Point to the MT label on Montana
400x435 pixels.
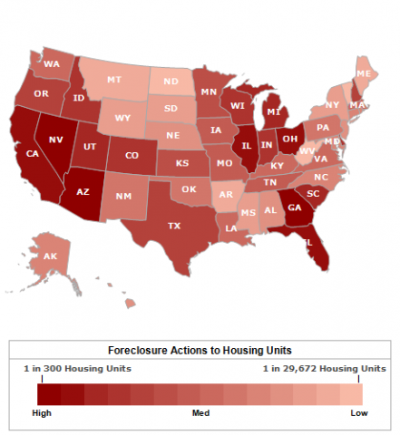(x=114, y=80)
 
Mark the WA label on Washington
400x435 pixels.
(x=52, y=63)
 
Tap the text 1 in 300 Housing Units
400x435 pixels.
(x=78, y=369)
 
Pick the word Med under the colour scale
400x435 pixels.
(x=200, y=413)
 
